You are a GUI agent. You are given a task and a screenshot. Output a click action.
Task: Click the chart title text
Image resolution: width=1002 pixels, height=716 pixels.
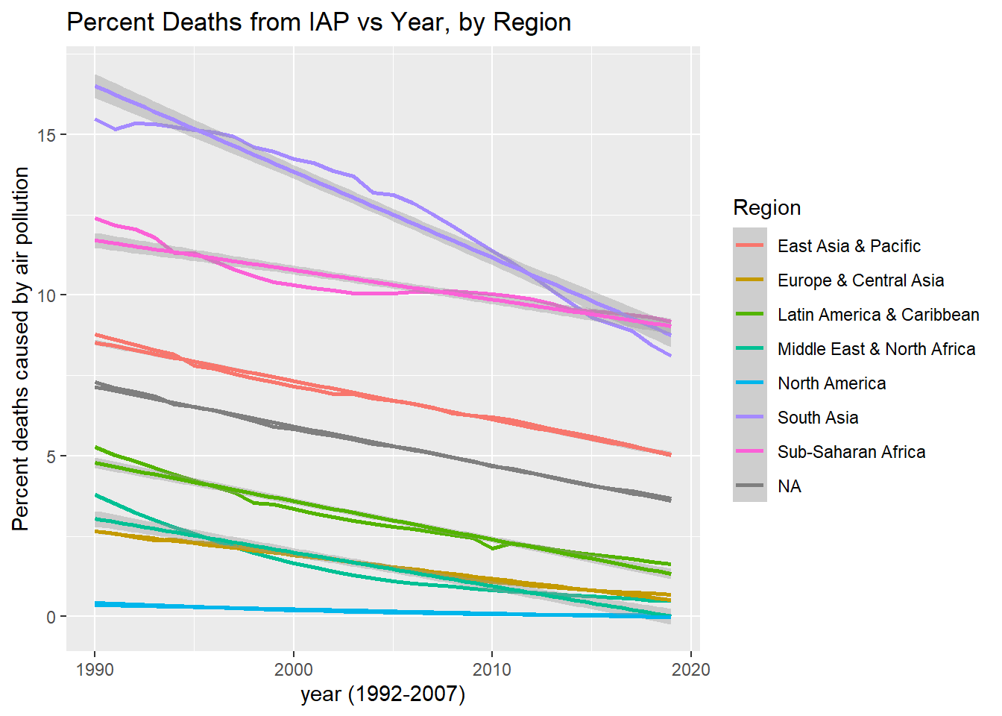318,22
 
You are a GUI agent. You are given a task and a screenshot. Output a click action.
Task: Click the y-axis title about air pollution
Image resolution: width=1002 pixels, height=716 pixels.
20,348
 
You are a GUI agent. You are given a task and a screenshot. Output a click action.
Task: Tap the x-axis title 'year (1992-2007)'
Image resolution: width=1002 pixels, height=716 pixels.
382,694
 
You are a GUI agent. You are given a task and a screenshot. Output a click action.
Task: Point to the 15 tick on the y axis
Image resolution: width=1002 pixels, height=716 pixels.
46,135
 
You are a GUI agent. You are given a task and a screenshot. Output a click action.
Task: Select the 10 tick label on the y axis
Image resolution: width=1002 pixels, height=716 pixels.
46,295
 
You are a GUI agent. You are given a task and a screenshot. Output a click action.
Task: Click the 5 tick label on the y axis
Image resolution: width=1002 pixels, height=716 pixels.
51,456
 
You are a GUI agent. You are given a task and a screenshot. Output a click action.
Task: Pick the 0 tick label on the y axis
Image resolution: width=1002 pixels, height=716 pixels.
51,617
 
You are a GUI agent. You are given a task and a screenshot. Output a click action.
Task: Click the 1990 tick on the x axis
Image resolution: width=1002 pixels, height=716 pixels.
95,669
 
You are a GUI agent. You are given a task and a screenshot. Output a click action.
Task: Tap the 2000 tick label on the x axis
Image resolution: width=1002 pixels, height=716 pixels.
293,669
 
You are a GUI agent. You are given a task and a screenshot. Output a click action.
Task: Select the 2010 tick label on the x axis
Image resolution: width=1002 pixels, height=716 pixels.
492,669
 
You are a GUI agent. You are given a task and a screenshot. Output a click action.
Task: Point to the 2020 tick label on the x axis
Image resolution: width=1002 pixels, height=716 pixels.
690,669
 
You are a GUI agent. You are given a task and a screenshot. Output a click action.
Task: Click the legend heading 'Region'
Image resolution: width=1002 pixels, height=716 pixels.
766,208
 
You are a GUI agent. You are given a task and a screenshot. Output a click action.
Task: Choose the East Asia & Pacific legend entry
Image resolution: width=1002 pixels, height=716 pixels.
848,246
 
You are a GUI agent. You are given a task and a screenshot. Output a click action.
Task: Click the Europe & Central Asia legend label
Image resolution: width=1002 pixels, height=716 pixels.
860,280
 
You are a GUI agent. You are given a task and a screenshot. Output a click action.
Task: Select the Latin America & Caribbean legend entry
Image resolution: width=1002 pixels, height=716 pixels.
877,315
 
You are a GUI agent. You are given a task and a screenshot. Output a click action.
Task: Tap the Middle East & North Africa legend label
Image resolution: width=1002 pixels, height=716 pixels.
876,349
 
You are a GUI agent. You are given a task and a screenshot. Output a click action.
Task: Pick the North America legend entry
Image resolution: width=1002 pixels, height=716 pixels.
831,383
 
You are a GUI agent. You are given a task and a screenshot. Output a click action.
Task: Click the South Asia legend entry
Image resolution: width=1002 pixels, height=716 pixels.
817,418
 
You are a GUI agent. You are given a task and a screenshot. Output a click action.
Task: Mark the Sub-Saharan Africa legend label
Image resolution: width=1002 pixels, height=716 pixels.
851,452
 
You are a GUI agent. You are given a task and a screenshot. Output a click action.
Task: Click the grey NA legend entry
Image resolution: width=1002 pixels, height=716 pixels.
789,486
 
